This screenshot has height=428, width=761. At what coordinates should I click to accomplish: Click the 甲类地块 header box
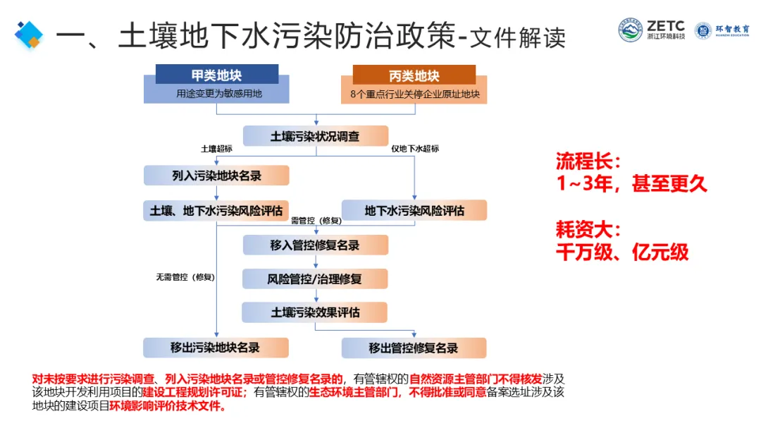pyautogui.click(x=216, y=75)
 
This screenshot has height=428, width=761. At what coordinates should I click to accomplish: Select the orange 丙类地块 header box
pyautogui.click(x=414, y=75)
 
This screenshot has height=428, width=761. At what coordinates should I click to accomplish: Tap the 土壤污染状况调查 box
pyautogui.click(x=315, y=136)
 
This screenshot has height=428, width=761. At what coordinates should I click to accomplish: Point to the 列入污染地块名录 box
pyautogui.click(x=216, y=175)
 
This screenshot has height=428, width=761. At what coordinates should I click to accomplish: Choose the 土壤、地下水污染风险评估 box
pyautogui.click(x=216, y=210)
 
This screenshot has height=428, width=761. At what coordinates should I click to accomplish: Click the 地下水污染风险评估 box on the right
pyautogui.click(x=414, y=210)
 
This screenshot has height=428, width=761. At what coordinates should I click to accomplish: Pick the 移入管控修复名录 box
pyautogui.click(x=315, y=245)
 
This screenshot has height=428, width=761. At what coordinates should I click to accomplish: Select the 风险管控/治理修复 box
pyautogui.click(x=315, y=279)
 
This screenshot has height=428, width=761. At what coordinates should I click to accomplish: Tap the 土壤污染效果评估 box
pyautogui.click(x=315, y=312)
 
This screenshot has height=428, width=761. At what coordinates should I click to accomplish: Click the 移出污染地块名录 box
pyautogui.click(x=216, y=347)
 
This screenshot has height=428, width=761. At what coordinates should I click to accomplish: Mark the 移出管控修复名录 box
pyautogui.click(x=414, y=348)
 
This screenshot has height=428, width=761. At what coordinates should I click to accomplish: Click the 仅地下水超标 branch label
pyautogui.click(x=415, y=149)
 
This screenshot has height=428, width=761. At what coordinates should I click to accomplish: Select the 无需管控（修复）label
pyautogui.click(x=185, y=277)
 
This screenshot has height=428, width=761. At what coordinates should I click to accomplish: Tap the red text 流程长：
pyautogui.click(x=589, y=161)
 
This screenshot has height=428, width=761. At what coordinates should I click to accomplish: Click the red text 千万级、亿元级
pyautogui.click(x=621, y=252)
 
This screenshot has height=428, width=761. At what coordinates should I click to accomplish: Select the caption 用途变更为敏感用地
pyautogui.click(x=219, y=93)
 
